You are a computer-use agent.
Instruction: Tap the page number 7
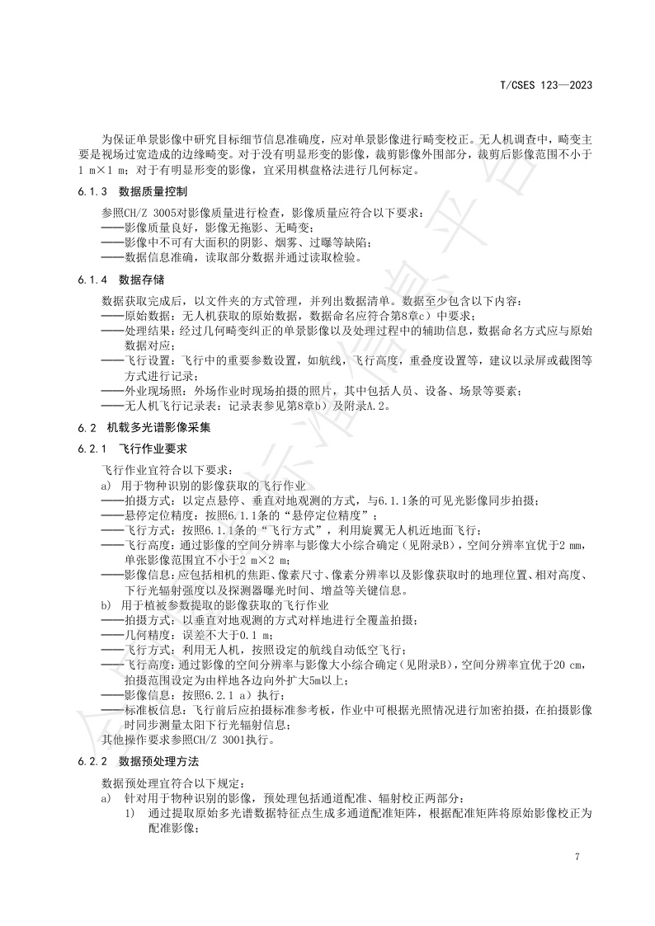coord(577,858)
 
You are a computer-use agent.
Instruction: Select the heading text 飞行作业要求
coord(154,449)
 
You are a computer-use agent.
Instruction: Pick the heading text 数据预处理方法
coord(159,759)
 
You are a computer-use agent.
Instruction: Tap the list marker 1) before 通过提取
coord(130,812)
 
